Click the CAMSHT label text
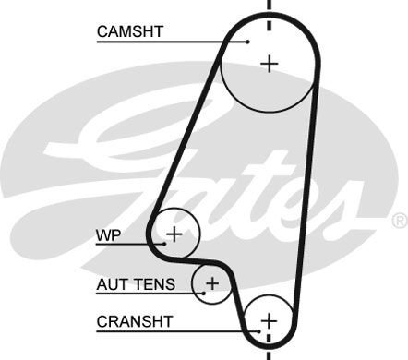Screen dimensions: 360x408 tap(129, 31)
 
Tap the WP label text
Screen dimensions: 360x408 tap(108, 234)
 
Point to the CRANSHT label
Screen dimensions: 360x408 tap(133, 322)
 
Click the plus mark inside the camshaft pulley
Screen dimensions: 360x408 tap(269, 63)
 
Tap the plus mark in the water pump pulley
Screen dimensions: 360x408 tap(174, 234)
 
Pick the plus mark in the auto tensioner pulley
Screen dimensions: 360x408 tap(211, 282)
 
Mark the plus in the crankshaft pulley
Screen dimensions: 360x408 tap(268, 320)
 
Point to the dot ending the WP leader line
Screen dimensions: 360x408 tap(163, 243)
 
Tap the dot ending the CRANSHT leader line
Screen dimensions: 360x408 tap(258, 330)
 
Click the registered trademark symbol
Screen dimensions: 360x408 tap(399, 220)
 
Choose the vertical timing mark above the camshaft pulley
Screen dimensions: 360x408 tap(269, 9)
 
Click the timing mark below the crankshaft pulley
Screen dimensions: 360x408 tap(269, 353)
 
